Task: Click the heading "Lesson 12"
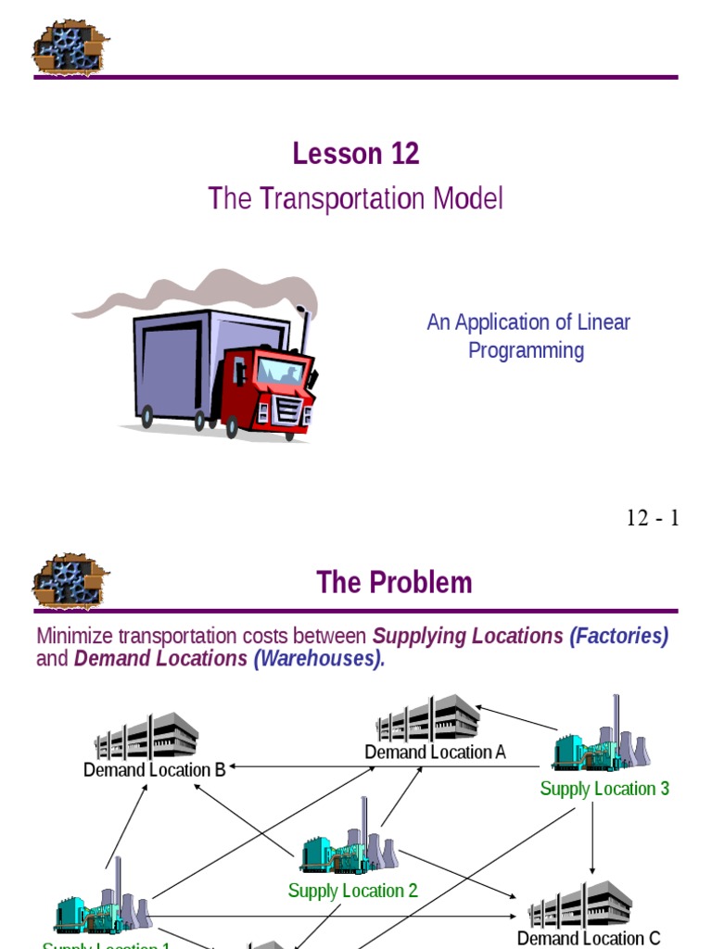[x=356, y=154]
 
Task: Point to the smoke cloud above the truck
[x=204, y=292]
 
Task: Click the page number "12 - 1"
[x=653, y=518]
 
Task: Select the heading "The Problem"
[x=394, y=582]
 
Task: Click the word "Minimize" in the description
[x=80, y=637]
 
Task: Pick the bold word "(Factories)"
[x=618, y=637]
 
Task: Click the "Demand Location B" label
[x=154, y=769]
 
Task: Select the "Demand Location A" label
[x=435, y=752]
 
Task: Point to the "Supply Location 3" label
[x=604, y=789]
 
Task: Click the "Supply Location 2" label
[x=352, y=891]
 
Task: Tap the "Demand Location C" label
[x=589, y=938]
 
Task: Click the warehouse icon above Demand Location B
[x=146, y=736]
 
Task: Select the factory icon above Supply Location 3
[x=602, y=741]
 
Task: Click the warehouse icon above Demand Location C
[x=581, y=904]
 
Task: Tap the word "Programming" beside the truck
[x=526, y=351]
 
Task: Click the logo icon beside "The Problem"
[x=70, y=582]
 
